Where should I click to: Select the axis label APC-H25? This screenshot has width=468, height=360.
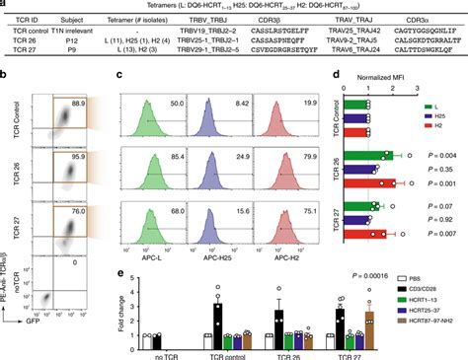pyautogui.click(x=229, y=259)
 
